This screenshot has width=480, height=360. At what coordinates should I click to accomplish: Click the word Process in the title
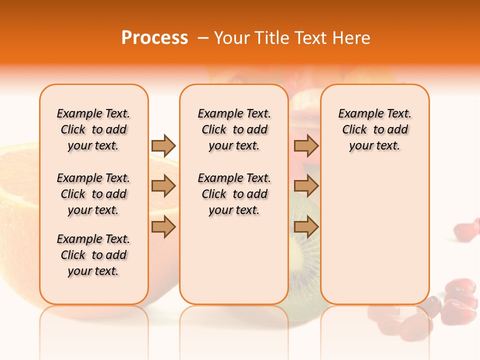pos(154,38)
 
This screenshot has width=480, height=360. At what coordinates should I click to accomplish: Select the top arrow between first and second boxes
pos(163,145)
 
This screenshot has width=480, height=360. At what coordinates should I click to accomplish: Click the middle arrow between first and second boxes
pos(163,186)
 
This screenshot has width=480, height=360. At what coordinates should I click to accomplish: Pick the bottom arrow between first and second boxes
pos(163,226)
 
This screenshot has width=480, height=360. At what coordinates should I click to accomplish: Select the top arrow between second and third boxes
pos(306,145)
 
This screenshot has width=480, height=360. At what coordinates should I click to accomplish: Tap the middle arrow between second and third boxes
pos(306,186)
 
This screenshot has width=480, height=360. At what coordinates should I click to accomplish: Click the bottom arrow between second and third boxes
pos(306,226)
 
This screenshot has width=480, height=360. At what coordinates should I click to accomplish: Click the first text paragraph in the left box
pos(93,129)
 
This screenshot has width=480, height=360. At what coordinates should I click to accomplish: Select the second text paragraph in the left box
pos(93,194)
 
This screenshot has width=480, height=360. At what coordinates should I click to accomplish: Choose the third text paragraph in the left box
pos(93,255)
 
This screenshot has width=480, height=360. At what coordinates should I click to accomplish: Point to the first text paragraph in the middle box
pos(234,129)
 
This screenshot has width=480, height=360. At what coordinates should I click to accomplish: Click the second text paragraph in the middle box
pos(234,194)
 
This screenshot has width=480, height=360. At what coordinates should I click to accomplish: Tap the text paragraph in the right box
pos(374,129)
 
